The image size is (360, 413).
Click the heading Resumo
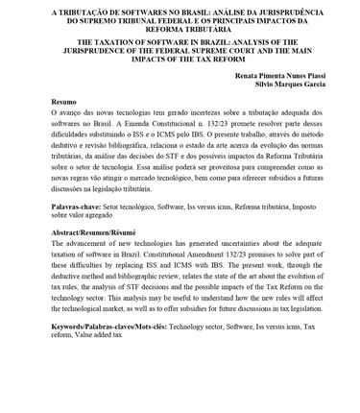coord(64,101)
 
